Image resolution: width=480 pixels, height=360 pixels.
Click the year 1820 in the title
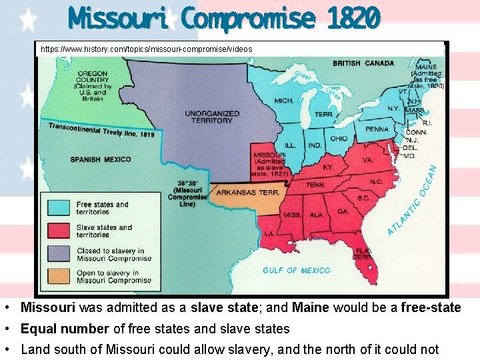pos(354,18)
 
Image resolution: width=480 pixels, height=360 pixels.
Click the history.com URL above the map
pos(147,49)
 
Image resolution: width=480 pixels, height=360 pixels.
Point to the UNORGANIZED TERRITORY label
pos(209,117)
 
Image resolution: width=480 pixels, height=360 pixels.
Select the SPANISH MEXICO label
pos(100,159)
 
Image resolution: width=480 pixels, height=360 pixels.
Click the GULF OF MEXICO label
pos(296,270)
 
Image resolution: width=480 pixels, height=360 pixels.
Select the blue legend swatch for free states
pos(58,208)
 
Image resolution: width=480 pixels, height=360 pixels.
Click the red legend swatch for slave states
pos(58,231)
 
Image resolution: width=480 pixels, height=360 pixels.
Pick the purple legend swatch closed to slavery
pos(58,254)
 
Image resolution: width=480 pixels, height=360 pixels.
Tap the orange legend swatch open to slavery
pos(58,276)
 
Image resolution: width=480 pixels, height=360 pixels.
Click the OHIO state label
pos(338,139)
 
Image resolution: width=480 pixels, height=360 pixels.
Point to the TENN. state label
pos(315,185)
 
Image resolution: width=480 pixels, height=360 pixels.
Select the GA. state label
pos(342,211)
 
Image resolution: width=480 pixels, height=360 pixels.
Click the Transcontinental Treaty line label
pos(101,130)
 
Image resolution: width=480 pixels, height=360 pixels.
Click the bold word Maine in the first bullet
pos(311,307)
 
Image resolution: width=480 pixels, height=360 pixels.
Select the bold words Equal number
pos(64,329)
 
